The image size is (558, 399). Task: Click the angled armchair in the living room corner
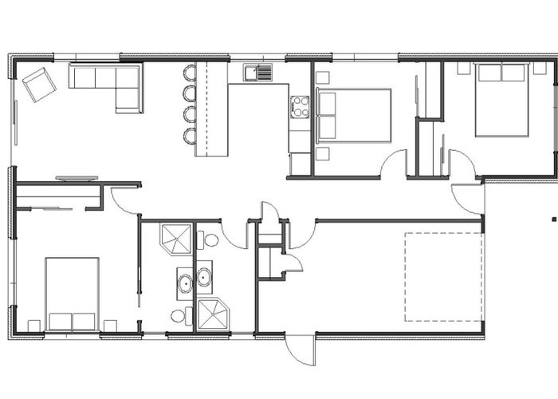click(x=38, y=84)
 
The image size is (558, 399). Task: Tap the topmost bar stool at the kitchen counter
click(x=190, y=73)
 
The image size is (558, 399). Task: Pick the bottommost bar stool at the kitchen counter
click(x=190, y=136)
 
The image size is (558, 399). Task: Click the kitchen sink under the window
click(x=257, y=73)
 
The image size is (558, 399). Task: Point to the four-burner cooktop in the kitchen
click(x=300, y=106)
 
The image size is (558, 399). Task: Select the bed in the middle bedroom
click(x=354, y=115)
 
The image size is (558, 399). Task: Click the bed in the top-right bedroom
click(x=501, y=99)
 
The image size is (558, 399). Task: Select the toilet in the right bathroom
click(x=211, y=239)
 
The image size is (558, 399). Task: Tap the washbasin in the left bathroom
click(x=184, y=282)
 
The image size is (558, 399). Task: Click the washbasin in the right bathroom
click(x=204, y=278)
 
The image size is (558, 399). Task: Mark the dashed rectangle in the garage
click(x=443, y=277)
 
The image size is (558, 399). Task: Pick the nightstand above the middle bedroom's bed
click(x=322, y=77)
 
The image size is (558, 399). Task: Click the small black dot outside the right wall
click(x=551, y=217)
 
